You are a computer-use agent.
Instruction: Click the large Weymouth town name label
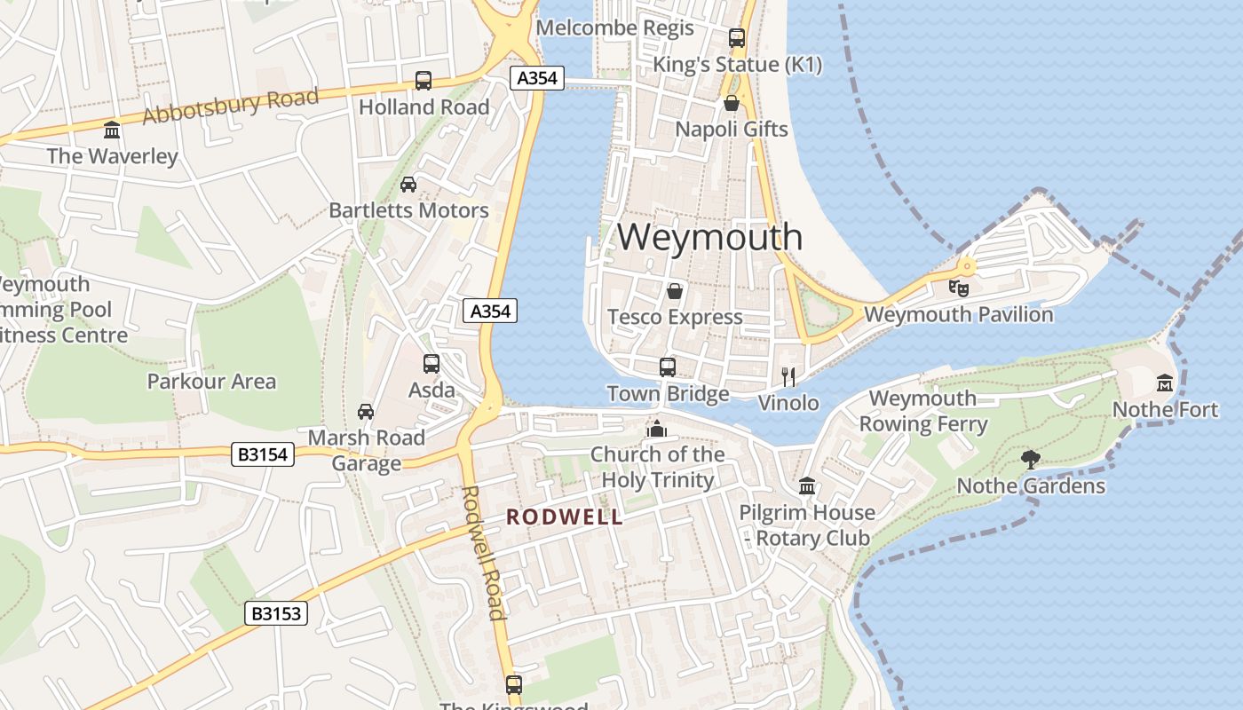pos(709,237)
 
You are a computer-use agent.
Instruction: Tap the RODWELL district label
pos(565,517)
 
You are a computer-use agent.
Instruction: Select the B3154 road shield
pos(264,455)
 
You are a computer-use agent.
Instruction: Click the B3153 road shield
pos(276,613)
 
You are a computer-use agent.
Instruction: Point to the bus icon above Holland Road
pos(424,81)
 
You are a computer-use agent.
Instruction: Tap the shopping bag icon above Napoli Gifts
pos(732,103)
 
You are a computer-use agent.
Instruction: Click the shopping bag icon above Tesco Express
pos(675,291)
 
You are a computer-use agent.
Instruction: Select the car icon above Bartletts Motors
pos(408,185)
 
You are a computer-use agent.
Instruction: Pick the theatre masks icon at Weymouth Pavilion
pos(958,288)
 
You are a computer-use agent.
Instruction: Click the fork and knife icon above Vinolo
pos(788,376)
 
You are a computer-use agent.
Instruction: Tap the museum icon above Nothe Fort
pos(1165,383)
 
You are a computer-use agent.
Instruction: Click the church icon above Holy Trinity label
pos(657,429)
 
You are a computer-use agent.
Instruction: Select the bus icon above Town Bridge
pos(667,367)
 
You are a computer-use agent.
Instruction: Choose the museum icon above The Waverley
pos(112,130)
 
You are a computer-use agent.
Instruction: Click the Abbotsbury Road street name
pos(230,106)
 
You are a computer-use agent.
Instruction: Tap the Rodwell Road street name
pos(483,552)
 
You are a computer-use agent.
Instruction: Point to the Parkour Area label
pos(211,382)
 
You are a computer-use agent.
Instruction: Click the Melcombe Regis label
pos(614,28)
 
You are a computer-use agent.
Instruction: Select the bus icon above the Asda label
pos(431,364)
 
